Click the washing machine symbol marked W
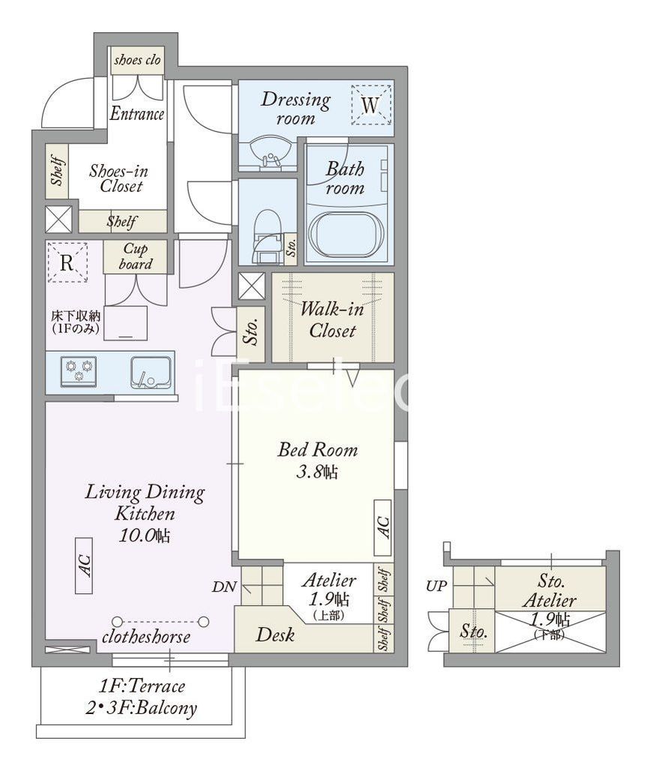[371, 105]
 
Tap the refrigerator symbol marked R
[67, 263]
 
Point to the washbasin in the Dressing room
[270, 151]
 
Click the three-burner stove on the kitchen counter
[79, 370]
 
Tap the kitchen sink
[151, 372]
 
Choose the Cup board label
[135, 256]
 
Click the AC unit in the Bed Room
[383, 527]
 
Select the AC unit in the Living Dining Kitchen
[84, 565]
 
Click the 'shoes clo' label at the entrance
[137, 60]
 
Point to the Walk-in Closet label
[332, 319]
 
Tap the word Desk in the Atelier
[275, 634]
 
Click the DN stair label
[225, 586]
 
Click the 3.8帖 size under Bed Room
[317, 472]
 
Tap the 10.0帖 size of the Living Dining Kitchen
[145, 535]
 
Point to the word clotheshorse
[146, 637]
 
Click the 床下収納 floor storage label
[76, 316]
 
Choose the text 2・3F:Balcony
[142, 708]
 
